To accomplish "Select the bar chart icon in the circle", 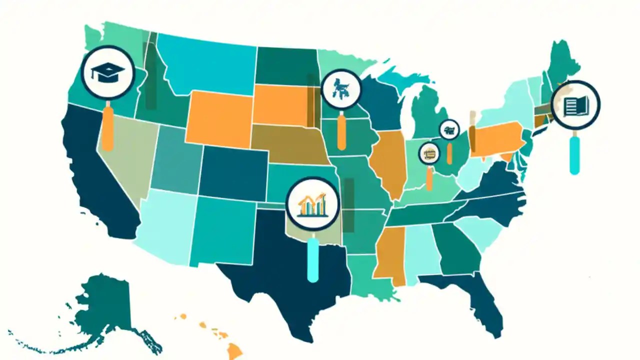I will click(x=312, y=204).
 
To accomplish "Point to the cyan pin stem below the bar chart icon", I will click(x=313, y=260).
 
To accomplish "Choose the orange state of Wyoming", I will click(x=219, y=118).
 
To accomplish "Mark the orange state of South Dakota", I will click(x=280, y=105).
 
